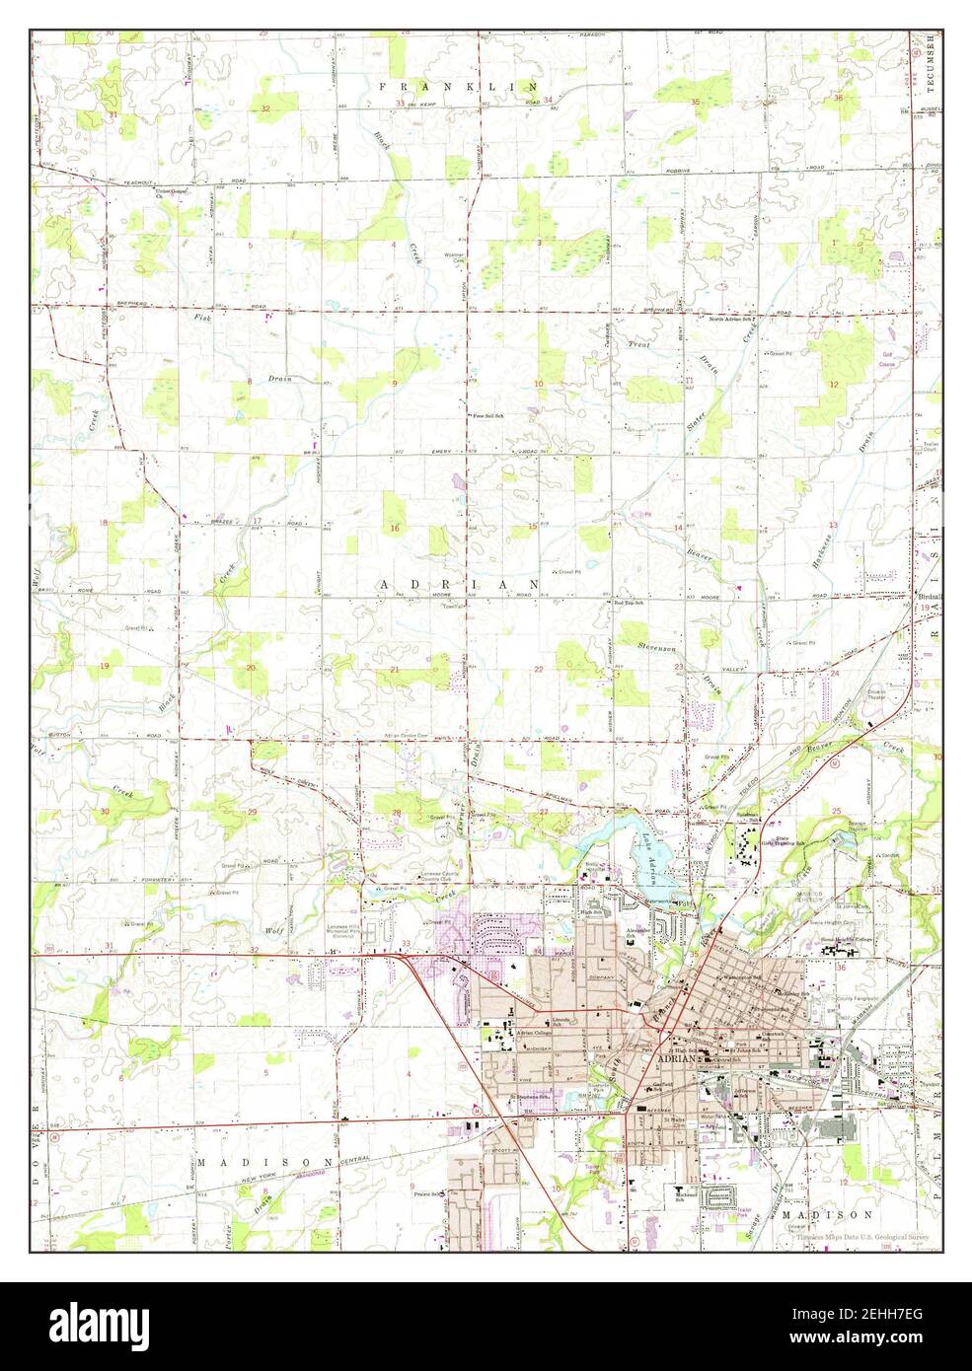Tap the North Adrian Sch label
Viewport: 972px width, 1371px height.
pos(732,320)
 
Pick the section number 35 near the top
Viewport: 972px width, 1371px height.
pos(695,103)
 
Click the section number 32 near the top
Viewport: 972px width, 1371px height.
pos(265,108)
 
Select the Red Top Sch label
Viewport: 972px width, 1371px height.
pos(628,603)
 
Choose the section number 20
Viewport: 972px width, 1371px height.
pos(251,669)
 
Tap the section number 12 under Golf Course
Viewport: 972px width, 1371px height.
pos(833,384)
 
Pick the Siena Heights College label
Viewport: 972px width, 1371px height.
pos(850,940)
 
